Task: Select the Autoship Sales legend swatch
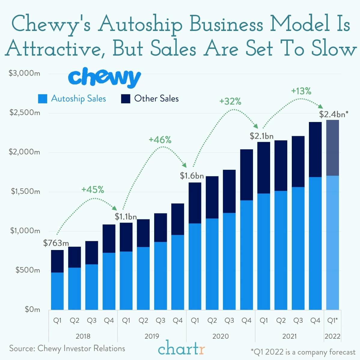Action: point(42,99)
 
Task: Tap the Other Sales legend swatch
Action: point(126,99)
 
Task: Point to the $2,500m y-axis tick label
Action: point(25,113)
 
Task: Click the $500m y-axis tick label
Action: point(28,270)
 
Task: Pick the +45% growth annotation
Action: point(93,190)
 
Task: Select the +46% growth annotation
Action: point(160,140)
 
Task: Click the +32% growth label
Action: point(230,102)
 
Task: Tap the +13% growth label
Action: point(301,91)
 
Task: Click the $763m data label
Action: point(56,243)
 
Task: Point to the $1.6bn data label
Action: point(192,175)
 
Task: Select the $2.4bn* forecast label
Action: point(334,114)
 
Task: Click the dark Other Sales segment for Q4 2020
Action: point(246,175)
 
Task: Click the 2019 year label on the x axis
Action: point(152,336)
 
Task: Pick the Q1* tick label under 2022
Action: point(333,321)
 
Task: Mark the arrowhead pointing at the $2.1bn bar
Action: point(256,126)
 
